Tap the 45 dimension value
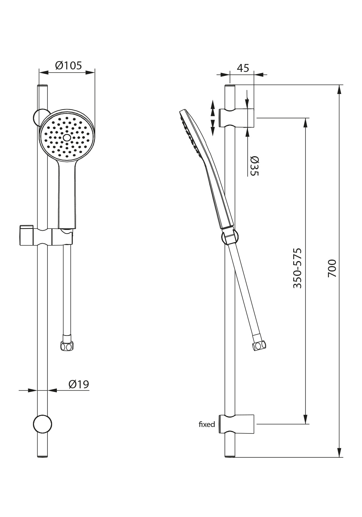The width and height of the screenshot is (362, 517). (243, 68)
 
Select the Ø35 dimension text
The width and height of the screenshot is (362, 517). (254, 166)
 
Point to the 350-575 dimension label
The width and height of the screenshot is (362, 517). (298, 268)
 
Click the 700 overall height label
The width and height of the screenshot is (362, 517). (332, 268)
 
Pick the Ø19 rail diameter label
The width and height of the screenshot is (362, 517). (79, 384)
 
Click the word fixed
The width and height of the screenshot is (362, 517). (207, 424)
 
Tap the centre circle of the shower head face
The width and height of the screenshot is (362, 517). (67, 138)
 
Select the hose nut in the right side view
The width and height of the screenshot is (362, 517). (259, 346)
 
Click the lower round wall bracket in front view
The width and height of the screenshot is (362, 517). (42, 424)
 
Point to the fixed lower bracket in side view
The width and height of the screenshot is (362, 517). (236, 424)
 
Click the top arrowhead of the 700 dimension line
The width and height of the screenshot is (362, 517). (339, 90)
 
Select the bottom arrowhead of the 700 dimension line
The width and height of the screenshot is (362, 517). (339, 452)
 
